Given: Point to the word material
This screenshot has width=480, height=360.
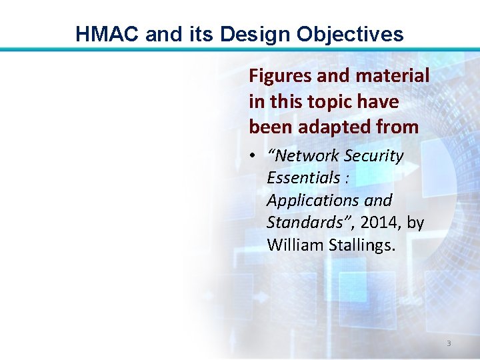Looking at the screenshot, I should pos(393,77).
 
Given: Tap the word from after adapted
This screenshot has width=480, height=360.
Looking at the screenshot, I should pos(399,127).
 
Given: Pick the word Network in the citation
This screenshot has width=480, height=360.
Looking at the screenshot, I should pos(304,156).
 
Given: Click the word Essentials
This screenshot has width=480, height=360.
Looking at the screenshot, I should pos(303,178).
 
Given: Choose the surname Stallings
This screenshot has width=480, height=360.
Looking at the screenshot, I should pos(362,245).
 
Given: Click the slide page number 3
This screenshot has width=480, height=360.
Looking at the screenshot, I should pos(448,343).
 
